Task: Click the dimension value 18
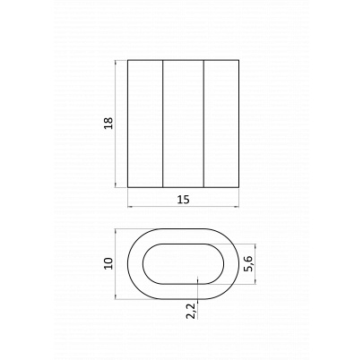pyautogui.click(x=108, y=123)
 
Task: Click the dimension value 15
pyautogui.click(x=183, y=200)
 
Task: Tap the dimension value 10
pyautogui.click(x=108, y=263)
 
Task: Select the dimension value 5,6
pyautogui.click(x=248, y=263)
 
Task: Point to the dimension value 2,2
pyautogui.click(x=191, y=311)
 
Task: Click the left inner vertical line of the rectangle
pyautogui.click(x=163, y=124)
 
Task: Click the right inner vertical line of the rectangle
pyautogui.click(x=203, y=124)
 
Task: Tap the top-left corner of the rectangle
pyautogui.click(x=128, y=60)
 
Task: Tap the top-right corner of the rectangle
pyautogui.click(x=238, y=60)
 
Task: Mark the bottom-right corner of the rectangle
pyautogui.click(x=238, y=187)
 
